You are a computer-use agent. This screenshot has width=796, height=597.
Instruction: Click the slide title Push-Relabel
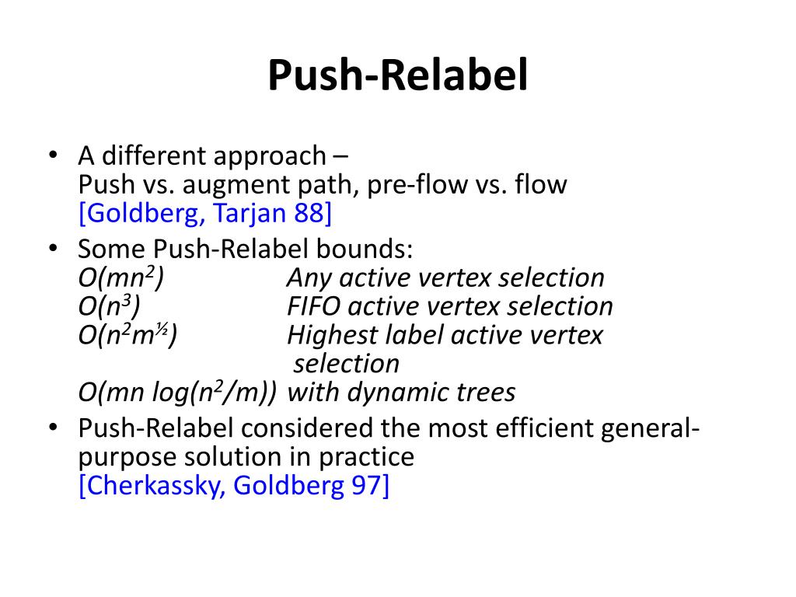click(397, 76)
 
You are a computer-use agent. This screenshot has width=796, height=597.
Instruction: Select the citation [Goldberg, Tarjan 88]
click(205, 213)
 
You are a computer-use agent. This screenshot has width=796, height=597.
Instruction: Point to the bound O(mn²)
click(120, 278)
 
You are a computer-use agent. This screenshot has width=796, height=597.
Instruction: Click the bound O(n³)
click(110, 306)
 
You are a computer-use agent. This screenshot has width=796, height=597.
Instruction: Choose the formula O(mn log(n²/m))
click(177, 393)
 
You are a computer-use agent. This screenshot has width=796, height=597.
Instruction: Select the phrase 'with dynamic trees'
click(401, 393)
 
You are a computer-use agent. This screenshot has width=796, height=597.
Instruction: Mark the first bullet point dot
click(53, 155)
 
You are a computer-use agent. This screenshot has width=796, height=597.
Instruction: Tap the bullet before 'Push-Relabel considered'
click(53, 427)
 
